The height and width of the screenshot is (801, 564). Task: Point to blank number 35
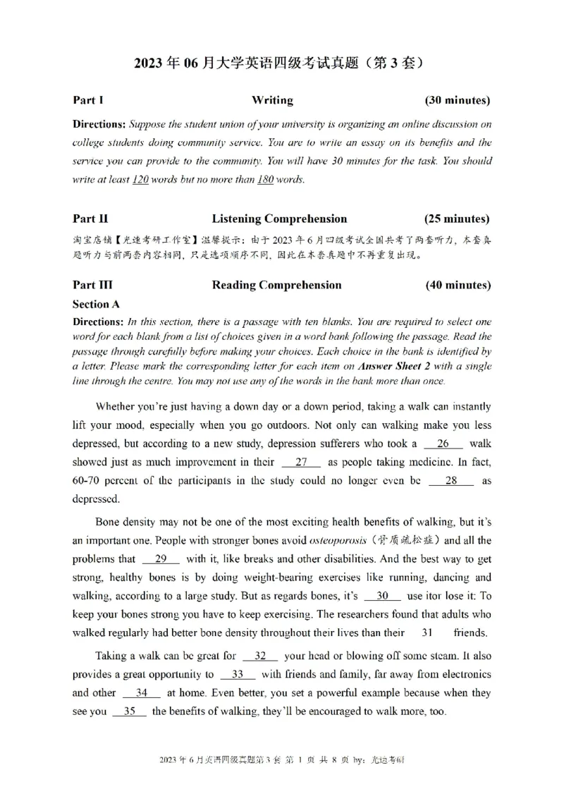point(129,711)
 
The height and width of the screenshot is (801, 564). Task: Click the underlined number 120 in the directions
point(140,179)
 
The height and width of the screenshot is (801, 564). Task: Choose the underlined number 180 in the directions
point(265,179)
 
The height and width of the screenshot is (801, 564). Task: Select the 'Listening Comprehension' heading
point(279,219)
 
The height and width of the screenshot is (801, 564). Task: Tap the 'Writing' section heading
point(272,100)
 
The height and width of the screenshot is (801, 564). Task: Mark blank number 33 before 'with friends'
point(238,675)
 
